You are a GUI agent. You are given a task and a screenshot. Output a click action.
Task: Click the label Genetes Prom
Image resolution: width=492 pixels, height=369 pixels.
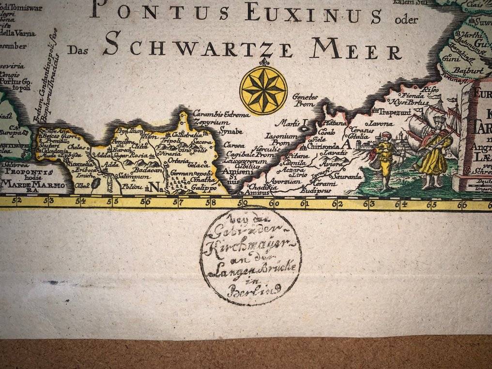(x=305, y=100)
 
